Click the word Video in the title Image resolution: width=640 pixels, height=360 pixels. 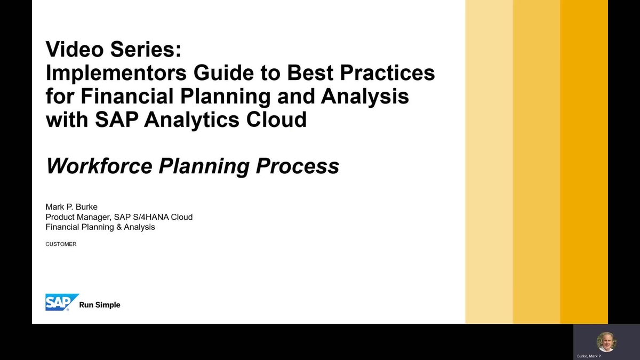[x=74, y=49]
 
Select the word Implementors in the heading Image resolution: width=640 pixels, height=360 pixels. [x=116, y=73]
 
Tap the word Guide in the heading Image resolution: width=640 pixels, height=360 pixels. [x=223, y=73]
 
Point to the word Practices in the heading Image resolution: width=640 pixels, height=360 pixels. [x=387, y=73]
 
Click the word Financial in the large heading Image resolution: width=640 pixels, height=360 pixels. [x=127, y=96]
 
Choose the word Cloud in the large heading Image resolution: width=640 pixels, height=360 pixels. [x=276, y=119]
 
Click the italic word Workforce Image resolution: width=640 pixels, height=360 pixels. [x=99, y=166]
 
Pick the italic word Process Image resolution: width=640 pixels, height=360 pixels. [x=298, y=166]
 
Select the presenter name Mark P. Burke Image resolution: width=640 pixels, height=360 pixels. [x=71, y=207]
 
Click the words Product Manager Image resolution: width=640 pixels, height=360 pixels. [x=78, y=217]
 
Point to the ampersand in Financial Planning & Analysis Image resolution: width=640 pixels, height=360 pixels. [x=119, y=227]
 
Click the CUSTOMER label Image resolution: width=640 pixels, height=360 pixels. [x=61, y=244]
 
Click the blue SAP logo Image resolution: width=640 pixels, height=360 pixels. [x=62, y=302]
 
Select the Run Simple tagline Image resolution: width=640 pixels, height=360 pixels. [x=100, y=305]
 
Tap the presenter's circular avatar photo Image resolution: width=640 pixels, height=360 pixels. [x=606, y=342]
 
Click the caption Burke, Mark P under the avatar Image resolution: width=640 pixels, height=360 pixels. [x=589, y=356]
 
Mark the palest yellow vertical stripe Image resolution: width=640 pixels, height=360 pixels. [x=489, y=162]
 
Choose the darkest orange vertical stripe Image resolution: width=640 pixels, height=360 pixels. [x=584, y=162]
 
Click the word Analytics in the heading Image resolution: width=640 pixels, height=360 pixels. [x=191, y=119]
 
